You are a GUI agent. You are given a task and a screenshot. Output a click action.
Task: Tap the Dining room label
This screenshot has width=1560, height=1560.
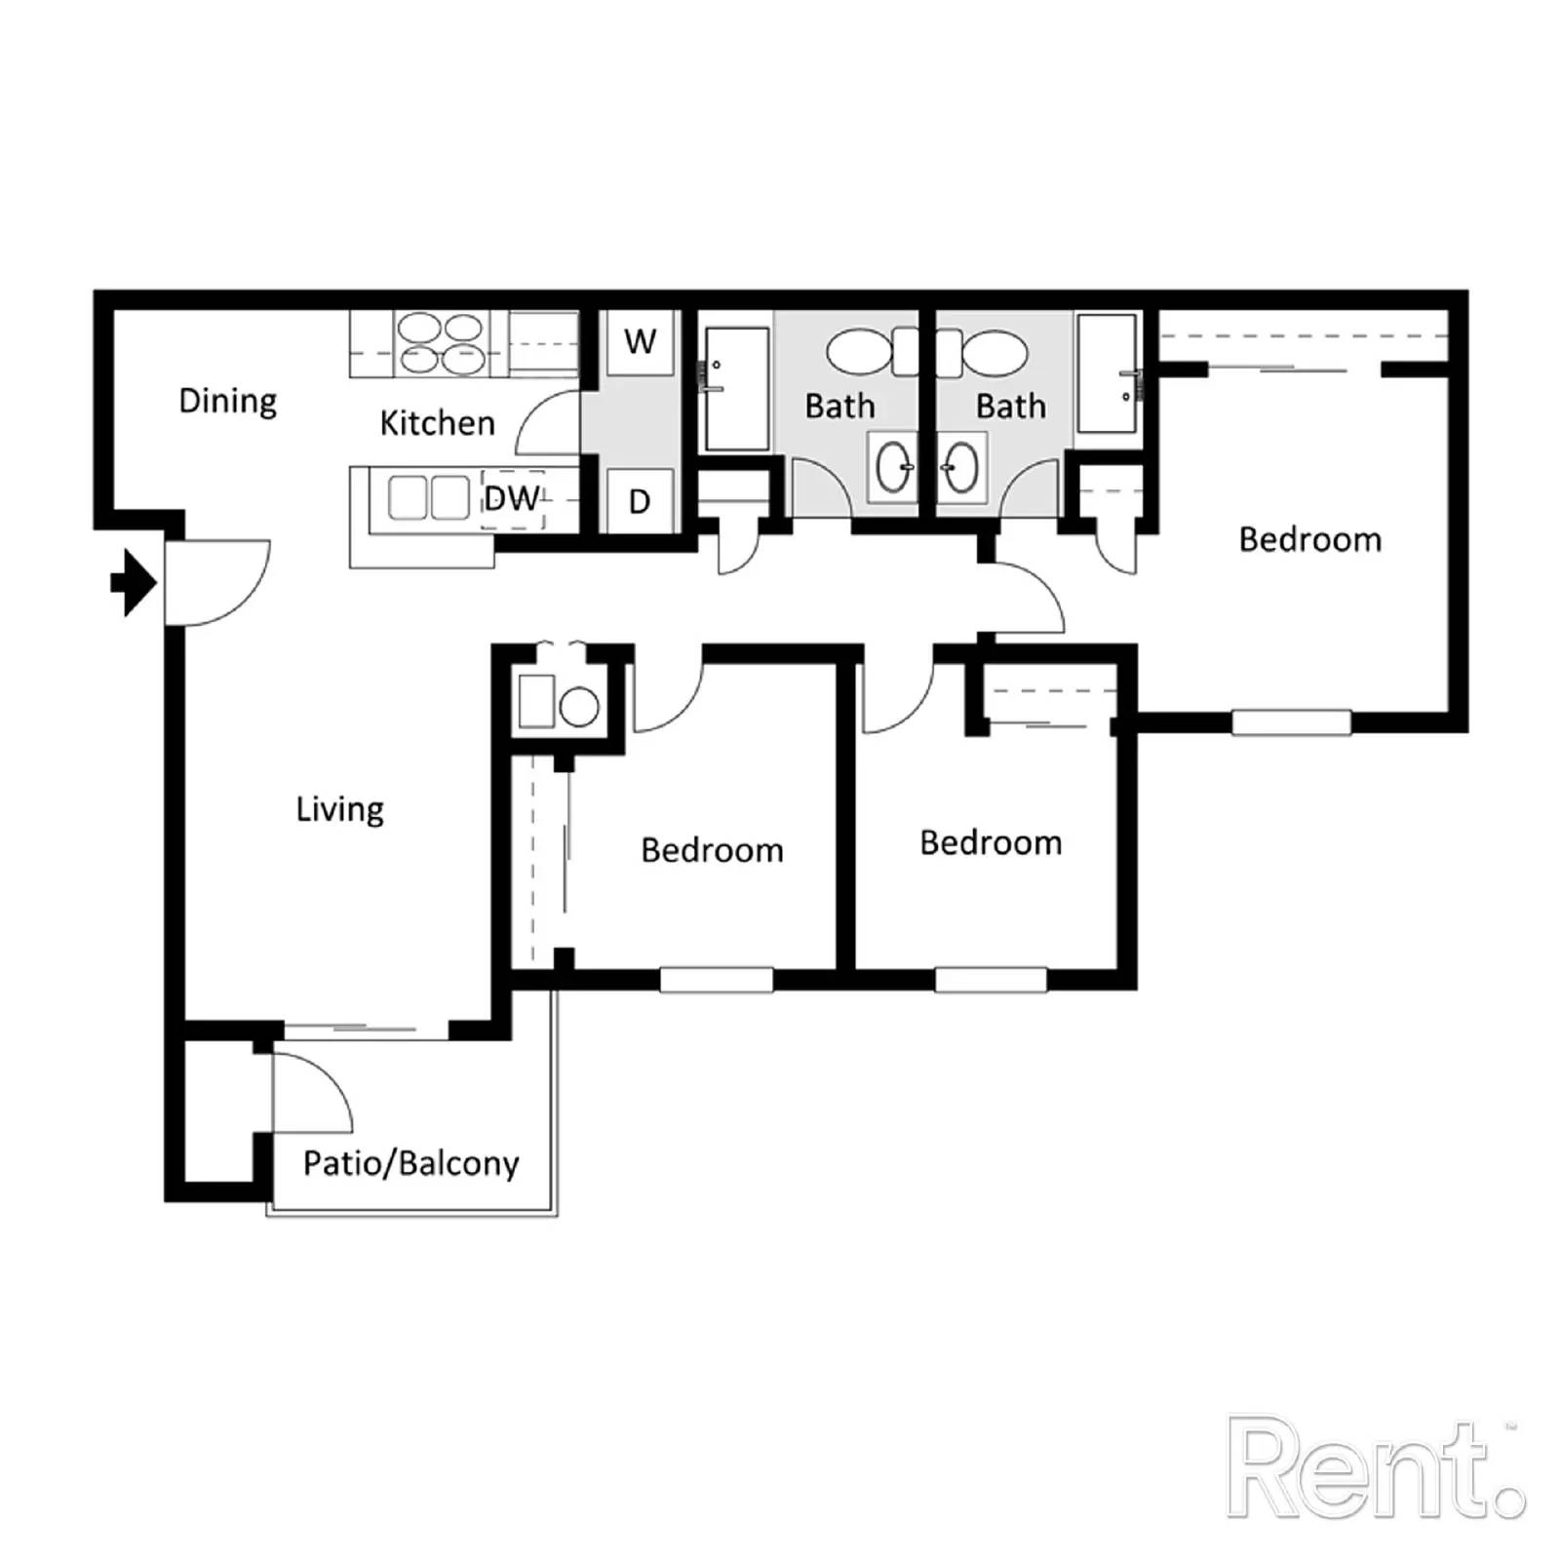coord(228,401)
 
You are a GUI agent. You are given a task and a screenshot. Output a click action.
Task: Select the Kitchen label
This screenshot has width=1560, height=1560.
coord(437,423)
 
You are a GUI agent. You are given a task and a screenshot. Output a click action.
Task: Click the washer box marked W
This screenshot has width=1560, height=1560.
coord(640,342)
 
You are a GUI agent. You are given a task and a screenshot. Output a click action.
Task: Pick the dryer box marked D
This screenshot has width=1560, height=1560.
coord(640,501)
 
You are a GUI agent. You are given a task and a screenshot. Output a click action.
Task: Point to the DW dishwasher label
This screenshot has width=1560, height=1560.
coord(511,499)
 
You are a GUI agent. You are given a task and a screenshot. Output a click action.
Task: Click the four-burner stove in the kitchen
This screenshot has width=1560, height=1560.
coord(442,343)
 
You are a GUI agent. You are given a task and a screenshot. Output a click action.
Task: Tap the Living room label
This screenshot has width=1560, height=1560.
coord(339,809)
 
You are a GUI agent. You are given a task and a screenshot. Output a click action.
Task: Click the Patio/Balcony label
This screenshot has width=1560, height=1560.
coord(410,1163)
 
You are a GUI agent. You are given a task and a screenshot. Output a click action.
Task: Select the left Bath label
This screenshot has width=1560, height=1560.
coord(839,407)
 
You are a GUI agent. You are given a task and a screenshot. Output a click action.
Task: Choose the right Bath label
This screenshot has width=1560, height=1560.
coord(1011,407)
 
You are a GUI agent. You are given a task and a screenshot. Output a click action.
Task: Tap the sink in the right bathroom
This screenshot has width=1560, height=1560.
coord(960,468)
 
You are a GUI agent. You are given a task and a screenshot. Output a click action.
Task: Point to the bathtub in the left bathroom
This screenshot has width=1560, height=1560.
coord(737,388)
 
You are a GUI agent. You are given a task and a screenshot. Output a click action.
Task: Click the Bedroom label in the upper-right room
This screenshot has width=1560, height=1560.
coord(1309,540)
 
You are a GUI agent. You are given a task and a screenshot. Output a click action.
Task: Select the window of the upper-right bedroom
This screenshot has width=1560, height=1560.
coord(1291,722)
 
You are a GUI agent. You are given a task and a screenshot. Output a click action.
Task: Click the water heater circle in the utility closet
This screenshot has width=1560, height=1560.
coord(579,707)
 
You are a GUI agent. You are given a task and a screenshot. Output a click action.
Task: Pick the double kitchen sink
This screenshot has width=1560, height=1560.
coord(429,498)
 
